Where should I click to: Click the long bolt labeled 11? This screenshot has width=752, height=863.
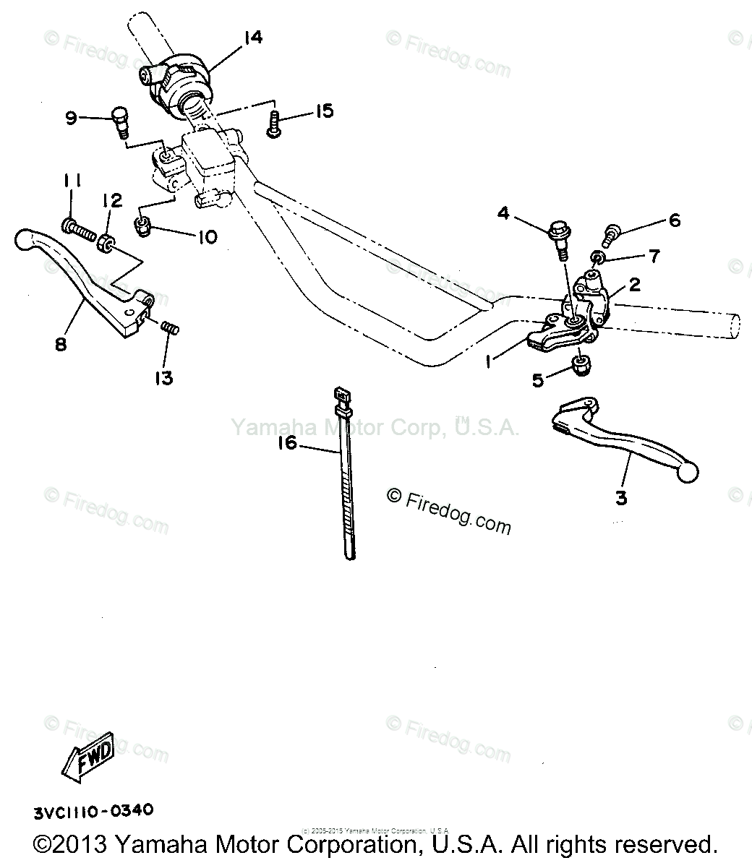coord(79,231)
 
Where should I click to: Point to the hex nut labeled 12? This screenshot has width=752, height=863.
coord(106,243)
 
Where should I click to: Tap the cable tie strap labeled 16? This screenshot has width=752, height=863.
coord(346,477)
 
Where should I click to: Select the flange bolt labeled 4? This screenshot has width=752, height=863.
coord(560,234)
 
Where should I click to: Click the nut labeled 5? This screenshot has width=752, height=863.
coord(581,366)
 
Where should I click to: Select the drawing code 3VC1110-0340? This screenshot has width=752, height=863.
coord(93,810)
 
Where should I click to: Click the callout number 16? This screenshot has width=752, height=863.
coord(287,442)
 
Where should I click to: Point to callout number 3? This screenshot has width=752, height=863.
coord(621,498)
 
